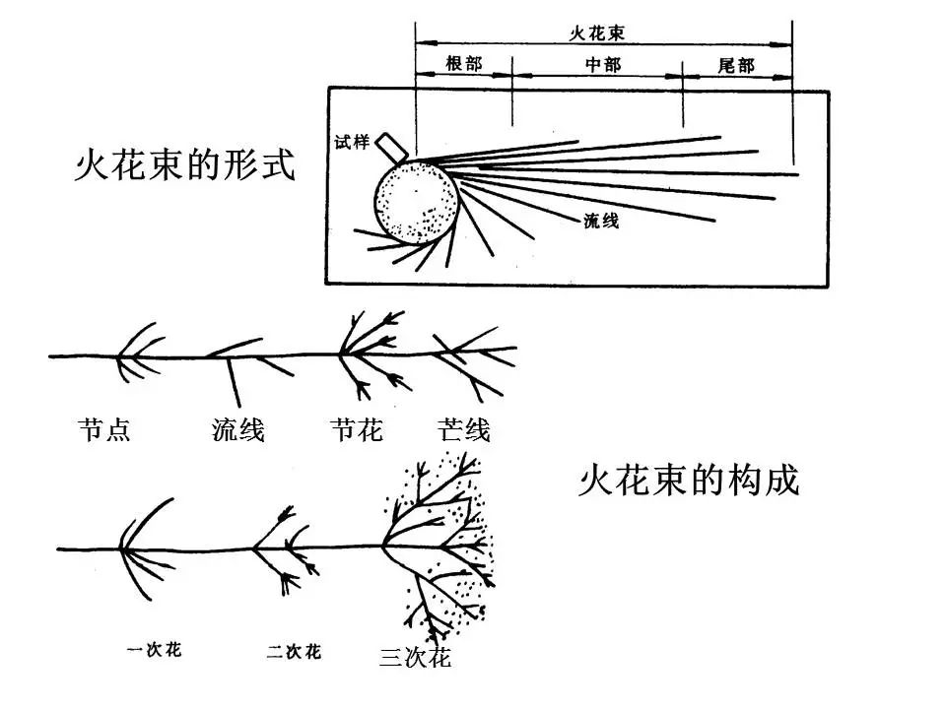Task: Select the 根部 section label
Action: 464,65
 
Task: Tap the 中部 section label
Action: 602,65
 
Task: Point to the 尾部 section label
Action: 736,65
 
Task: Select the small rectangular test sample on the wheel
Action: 394,146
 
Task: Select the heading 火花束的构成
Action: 688,482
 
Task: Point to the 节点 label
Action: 103,430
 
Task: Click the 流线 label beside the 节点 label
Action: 237,430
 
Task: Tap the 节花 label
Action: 356,430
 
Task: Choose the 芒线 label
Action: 463,430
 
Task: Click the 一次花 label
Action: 155,650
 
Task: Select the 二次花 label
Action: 294,652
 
